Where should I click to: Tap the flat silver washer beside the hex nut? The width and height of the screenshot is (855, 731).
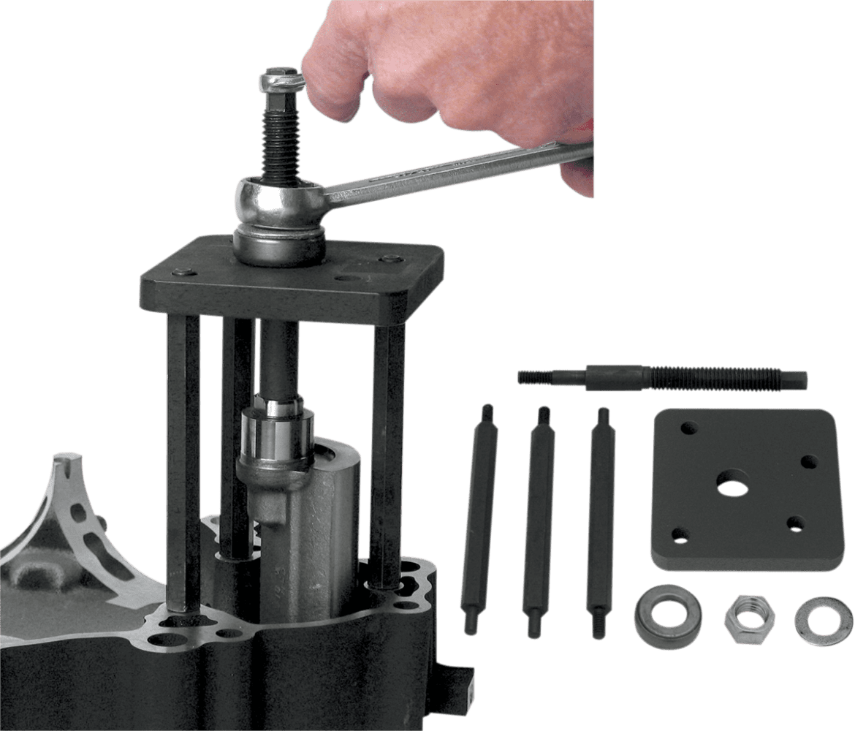(x=818, y=616)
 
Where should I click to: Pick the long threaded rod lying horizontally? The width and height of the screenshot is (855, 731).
(x=661, y=377)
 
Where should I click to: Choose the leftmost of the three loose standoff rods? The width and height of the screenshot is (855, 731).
(x=479, y=511)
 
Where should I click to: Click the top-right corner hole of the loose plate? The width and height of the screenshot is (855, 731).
(x=808, y=461)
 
